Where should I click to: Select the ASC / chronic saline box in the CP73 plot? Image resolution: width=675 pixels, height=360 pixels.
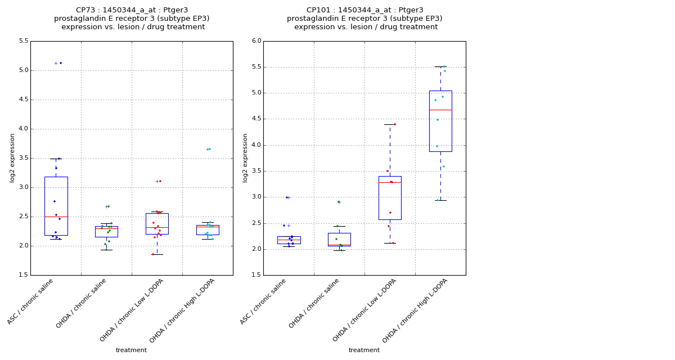point(56,206)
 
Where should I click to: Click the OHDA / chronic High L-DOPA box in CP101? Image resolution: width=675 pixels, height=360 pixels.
point(440,121)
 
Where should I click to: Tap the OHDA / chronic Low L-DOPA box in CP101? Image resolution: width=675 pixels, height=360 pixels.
point(390,198)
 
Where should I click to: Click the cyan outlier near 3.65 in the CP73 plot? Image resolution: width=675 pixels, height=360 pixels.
point(210,149)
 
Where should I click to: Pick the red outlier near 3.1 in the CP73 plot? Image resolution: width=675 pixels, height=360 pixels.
point(160,181)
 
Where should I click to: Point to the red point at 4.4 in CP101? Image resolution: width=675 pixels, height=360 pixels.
point(394,124)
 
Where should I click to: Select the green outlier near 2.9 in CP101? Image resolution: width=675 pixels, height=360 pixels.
point(338,202)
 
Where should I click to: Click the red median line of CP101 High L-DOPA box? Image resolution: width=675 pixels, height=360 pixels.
point(440,110)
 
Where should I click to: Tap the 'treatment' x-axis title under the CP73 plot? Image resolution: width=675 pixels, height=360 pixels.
point(131,350)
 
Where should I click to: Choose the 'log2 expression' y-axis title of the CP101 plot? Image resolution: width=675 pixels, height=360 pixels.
point(245,157)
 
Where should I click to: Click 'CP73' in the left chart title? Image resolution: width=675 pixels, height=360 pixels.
point(86,10)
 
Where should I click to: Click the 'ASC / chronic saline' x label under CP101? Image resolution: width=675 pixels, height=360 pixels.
point(264,301)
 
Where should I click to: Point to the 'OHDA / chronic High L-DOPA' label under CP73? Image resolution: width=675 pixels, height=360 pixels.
point(182,311)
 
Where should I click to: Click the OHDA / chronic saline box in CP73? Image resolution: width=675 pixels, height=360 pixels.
point(106,232)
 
